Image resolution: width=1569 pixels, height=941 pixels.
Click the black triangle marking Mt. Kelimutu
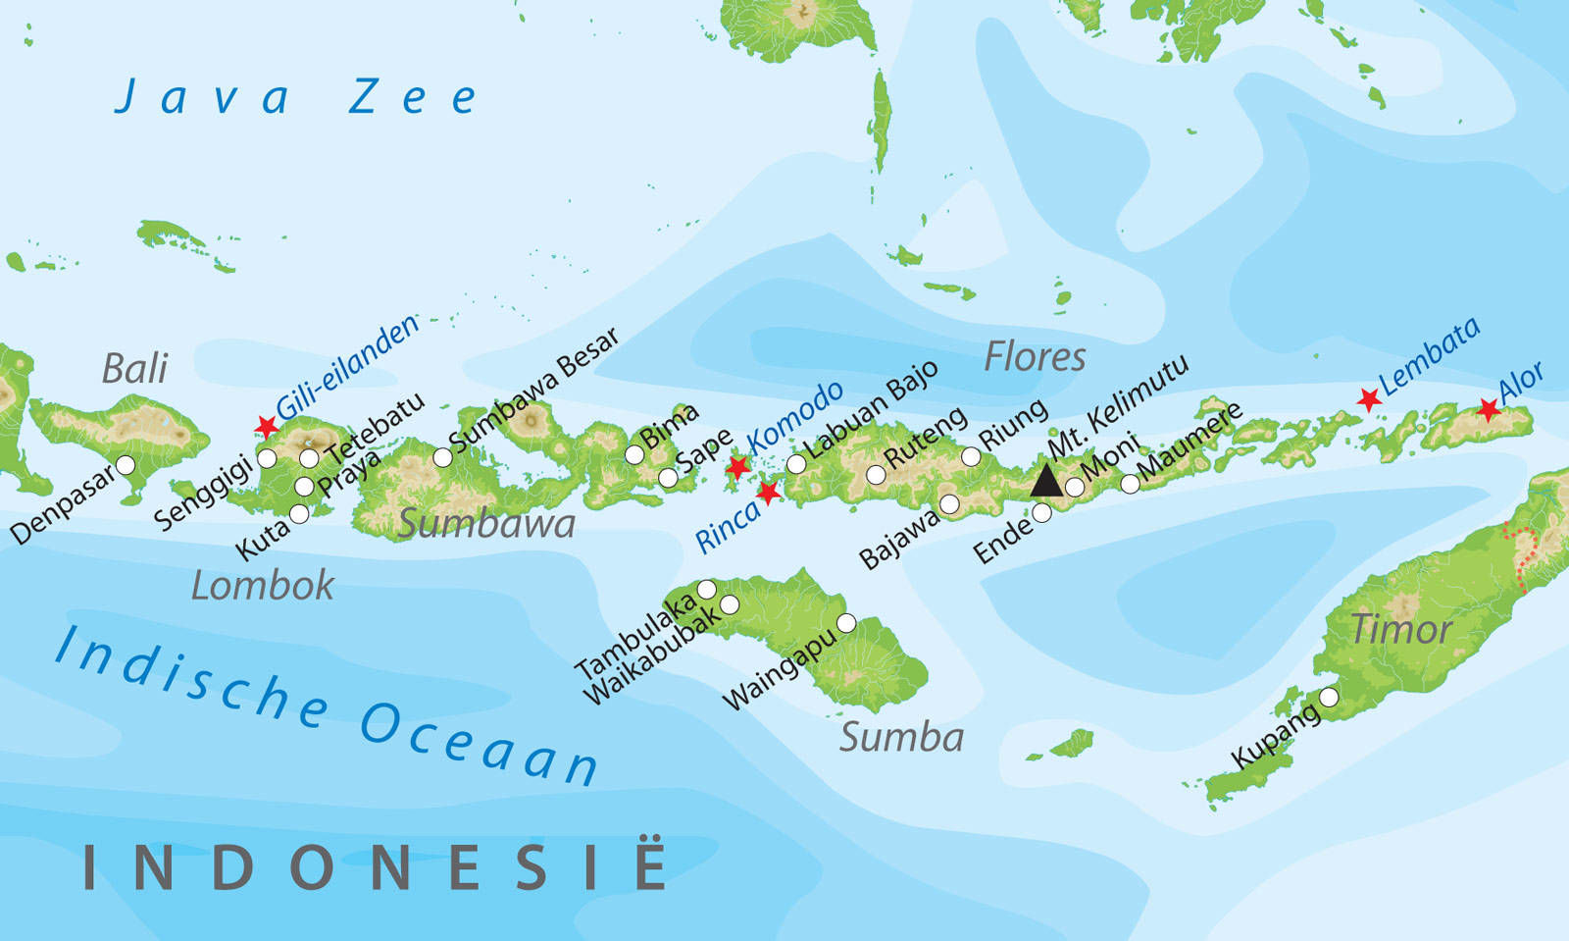pyautogui.click(x=1046, y=481)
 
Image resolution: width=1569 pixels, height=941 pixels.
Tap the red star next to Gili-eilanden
pyautogui.click(x=267, y=426)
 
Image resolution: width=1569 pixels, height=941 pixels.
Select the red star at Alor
pyautogui.click(x=1489, y=409)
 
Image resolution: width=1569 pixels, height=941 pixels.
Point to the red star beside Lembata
pyautogui.click(x=1369, y=398)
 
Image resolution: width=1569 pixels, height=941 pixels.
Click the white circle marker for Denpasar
pyautogui.click(x=126, y=464)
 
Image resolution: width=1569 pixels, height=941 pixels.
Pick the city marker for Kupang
pyautogui.click(x=1329, y=697)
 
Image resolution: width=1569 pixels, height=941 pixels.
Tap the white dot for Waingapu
pyautogui.click(x=846, y=622)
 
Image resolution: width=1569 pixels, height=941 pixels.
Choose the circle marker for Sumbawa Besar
pyautogui.click(x=443, y=456)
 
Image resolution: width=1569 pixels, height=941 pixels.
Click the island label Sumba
pyautogui.click(x=901, y=738)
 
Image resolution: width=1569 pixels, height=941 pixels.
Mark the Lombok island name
pyautogui.click(x=262, y=587)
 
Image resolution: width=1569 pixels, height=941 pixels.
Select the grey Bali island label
pyautogui.click(x=134, y=369)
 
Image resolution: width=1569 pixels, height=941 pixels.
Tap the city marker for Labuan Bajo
pyautogui.click(x=796, y=463)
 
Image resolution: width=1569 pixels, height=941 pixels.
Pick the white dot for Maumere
pyautogui.click(x=1130, y=483)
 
